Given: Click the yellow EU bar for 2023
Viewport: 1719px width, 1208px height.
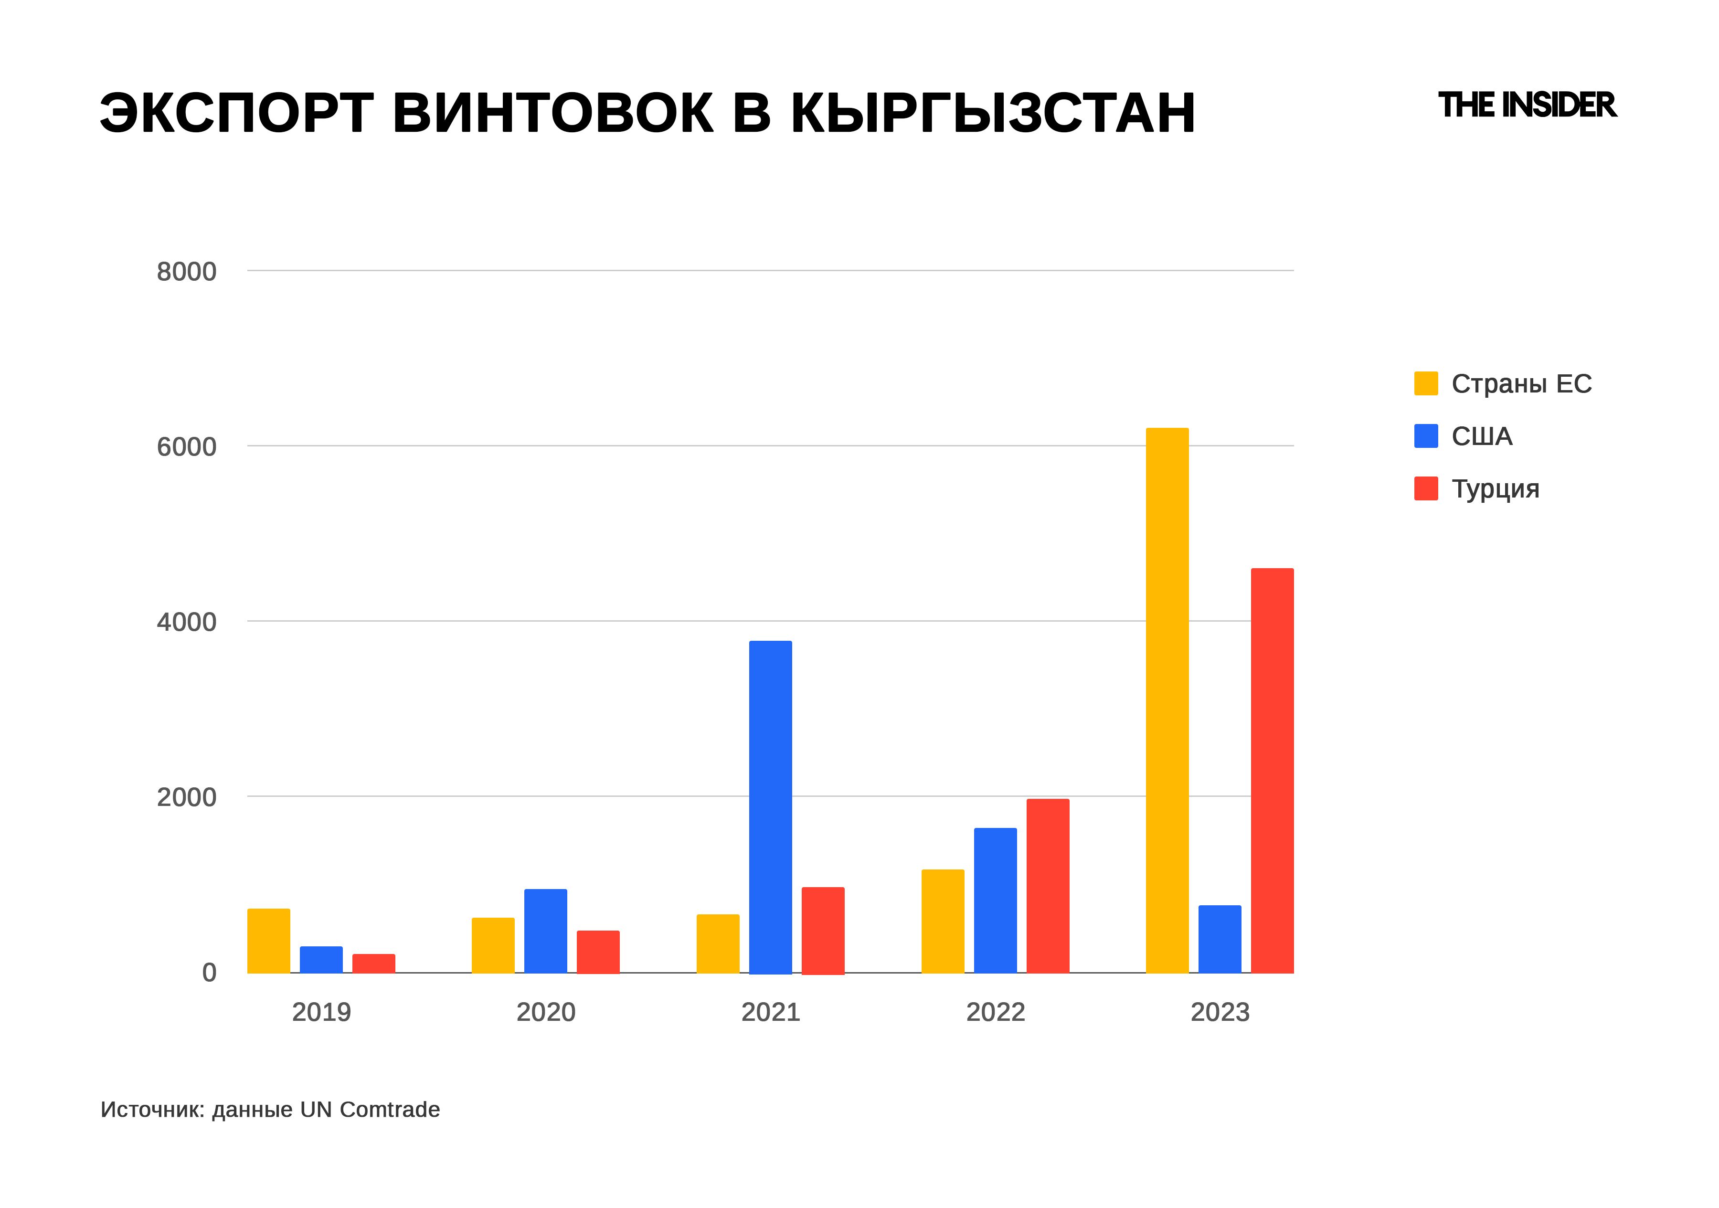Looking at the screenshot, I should [x=1167, y=700].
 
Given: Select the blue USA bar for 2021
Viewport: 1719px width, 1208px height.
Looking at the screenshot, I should [x=770, y=807].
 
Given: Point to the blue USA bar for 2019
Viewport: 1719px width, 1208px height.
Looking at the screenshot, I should [x=321, y=960].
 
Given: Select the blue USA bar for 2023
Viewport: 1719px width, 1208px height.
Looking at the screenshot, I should [x=1220, y=939].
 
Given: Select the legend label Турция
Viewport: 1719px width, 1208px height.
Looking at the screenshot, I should [x=1495, y=489].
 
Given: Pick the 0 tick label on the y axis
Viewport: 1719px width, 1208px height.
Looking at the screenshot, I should [x=209, y=972].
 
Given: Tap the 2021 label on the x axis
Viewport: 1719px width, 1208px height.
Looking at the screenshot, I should [x=770, y=1012].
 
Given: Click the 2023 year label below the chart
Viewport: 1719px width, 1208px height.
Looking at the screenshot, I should [x=1220, y=1012].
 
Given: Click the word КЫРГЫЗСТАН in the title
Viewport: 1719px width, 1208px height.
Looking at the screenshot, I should [x=993, y=114].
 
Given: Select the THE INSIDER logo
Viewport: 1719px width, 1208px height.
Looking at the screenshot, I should [x=1528, y=106].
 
